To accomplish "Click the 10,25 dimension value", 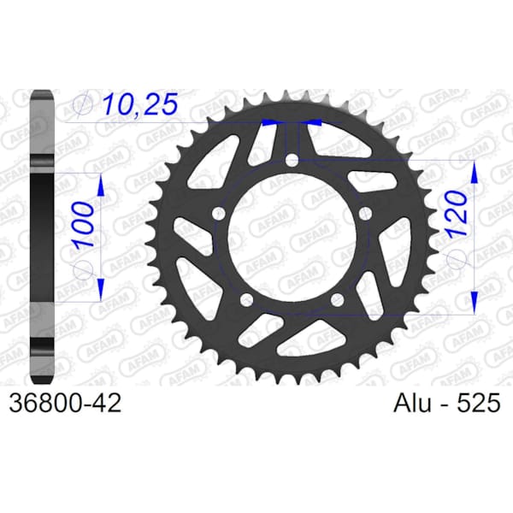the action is (x=140, y=104).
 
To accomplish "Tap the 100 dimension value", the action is (x=83, y=225).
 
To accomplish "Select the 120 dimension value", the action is (x=457, y=214).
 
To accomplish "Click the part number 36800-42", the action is (x=65, y=403).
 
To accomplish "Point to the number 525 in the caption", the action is (x=478, y=403).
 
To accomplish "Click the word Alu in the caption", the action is (x=412, y=403).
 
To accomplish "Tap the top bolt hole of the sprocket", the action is (x=292, y=161).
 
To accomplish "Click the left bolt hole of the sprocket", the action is (x=219, y=215).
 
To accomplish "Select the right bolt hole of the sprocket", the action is (x=365, y=215).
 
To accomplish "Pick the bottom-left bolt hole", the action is (x=247, y=300).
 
